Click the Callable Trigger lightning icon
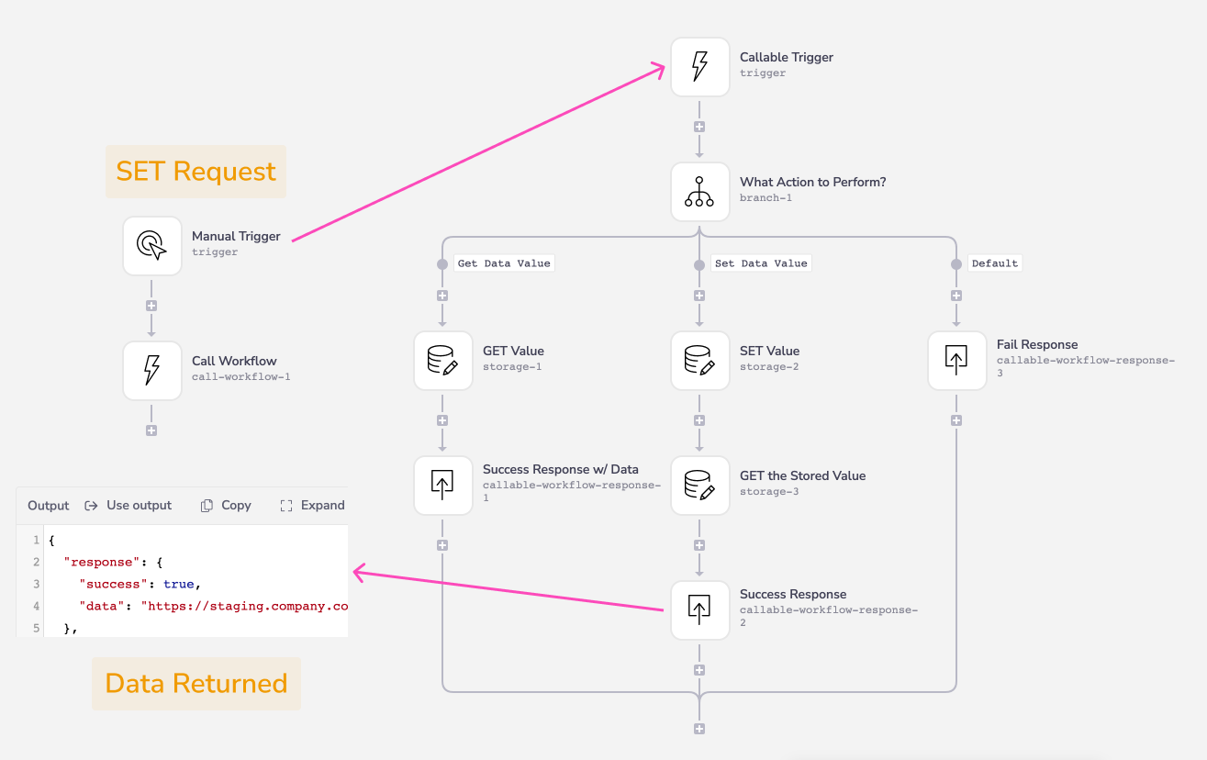point(699,67)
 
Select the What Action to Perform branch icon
point(699,192)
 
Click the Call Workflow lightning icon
point(152,370)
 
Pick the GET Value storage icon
point(442,360)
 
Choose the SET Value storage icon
point(699,360)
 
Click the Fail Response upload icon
point(956,360)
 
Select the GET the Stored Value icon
point(699,486)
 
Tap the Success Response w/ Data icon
point(442,486)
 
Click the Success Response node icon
point(699,609)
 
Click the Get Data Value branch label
point(504,263)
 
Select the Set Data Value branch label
point(761,263)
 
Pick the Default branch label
point(995,263)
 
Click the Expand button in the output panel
point(312,505)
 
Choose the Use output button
point(129,505)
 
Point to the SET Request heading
point(196,172)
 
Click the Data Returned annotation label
point(196,684)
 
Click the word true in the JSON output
point(178,585)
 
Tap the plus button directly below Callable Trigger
point(699,127)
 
